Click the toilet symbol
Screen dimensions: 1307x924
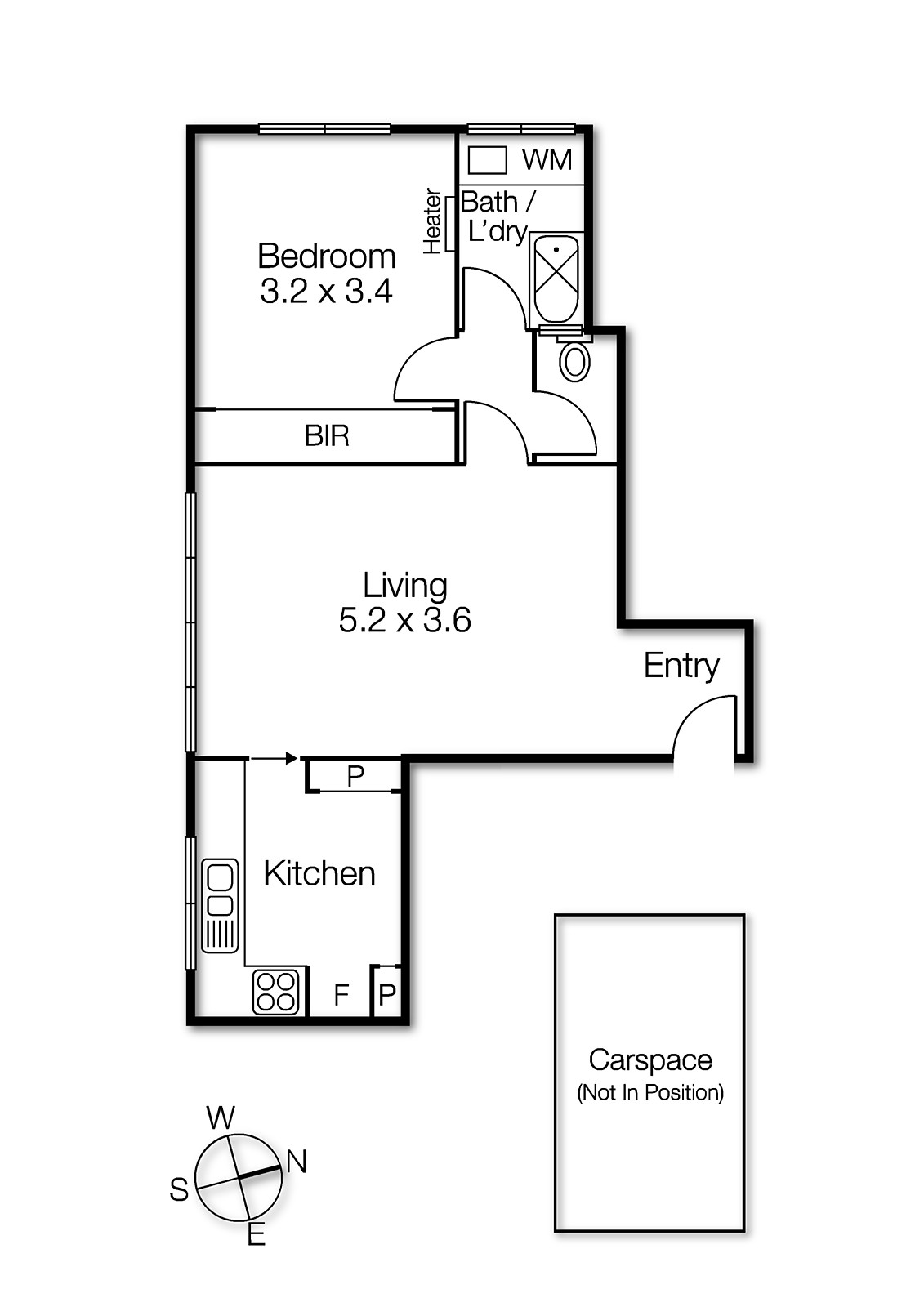click(575, 359)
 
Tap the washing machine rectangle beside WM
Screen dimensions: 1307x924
click(488, 160)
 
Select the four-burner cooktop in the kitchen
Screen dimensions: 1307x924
click(275, 992)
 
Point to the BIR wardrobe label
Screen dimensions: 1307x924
click(327, 436)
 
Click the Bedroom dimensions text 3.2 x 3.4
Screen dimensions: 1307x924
click(326, 292)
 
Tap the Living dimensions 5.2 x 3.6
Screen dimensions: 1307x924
click(404, 621)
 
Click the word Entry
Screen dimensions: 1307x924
click(681, 665)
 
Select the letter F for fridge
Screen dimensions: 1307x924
click(341, 995)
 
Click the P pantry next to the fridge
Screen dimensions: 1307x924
click(387, 995)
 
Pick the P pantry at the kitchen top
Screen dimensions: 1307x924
click(355, 776)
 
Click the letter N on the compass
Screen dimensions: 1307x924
click(297, 1162)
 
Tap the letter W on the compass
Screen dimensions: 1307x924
click(221, 1117)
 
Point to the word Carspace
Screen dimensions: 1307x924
click(649, 1060)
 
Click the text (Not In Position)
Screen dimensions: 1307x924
click(649, 1093)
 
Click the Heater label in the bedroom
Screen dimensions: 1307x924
click(432, 221)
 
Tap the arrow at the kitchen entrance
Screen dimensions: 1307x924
click(290, 759)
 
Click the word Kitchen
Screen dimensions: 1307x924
click(319, 874)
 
